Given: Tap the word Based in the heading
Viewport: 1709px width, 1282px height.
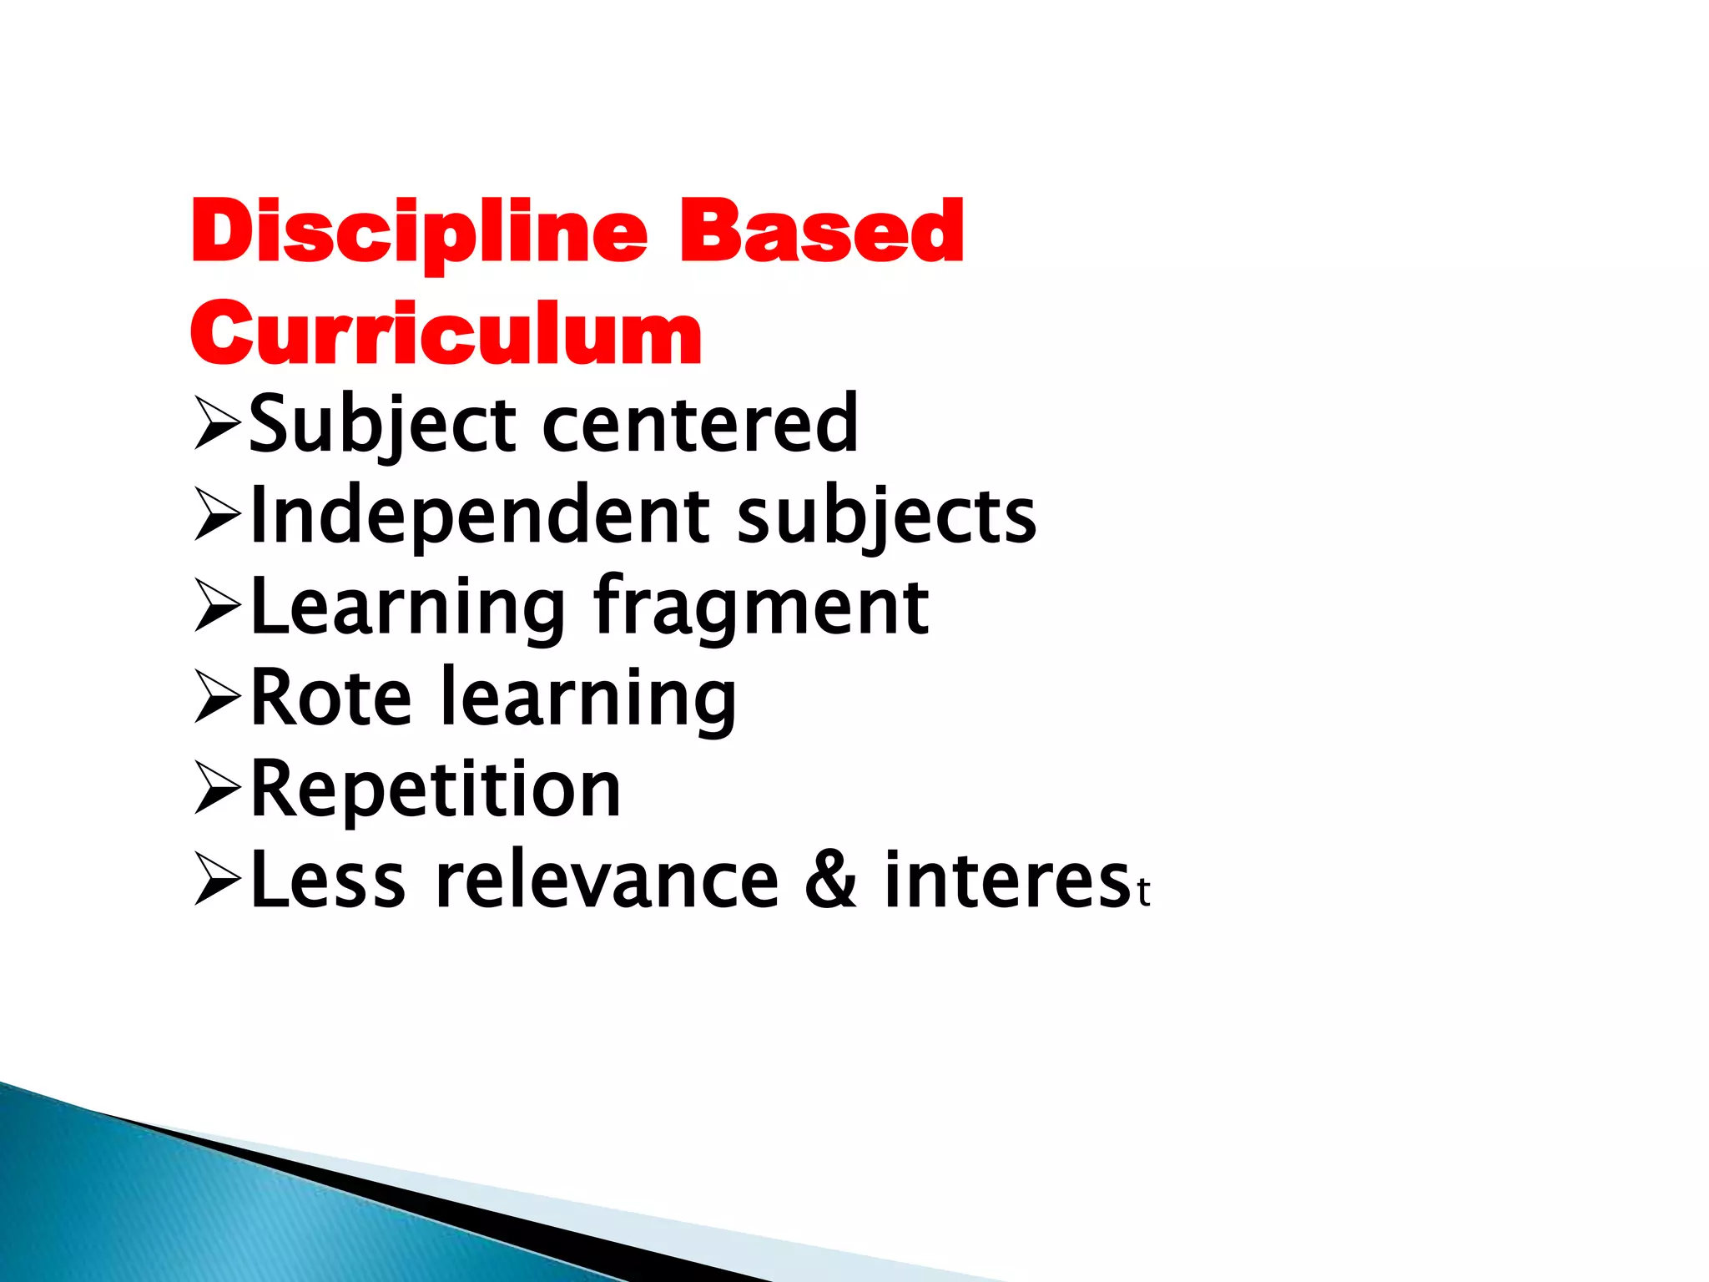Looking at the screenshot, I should tap(822, 231).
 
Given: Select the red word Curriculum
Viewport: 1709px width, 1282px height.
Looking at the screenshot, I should tap(446, 333).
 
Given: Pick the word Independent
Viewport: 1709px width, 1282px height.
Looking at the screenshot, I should tap(481, 516).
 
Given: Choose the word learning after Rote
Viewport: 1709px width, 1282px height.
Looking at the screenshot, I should tap(587, 699).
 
